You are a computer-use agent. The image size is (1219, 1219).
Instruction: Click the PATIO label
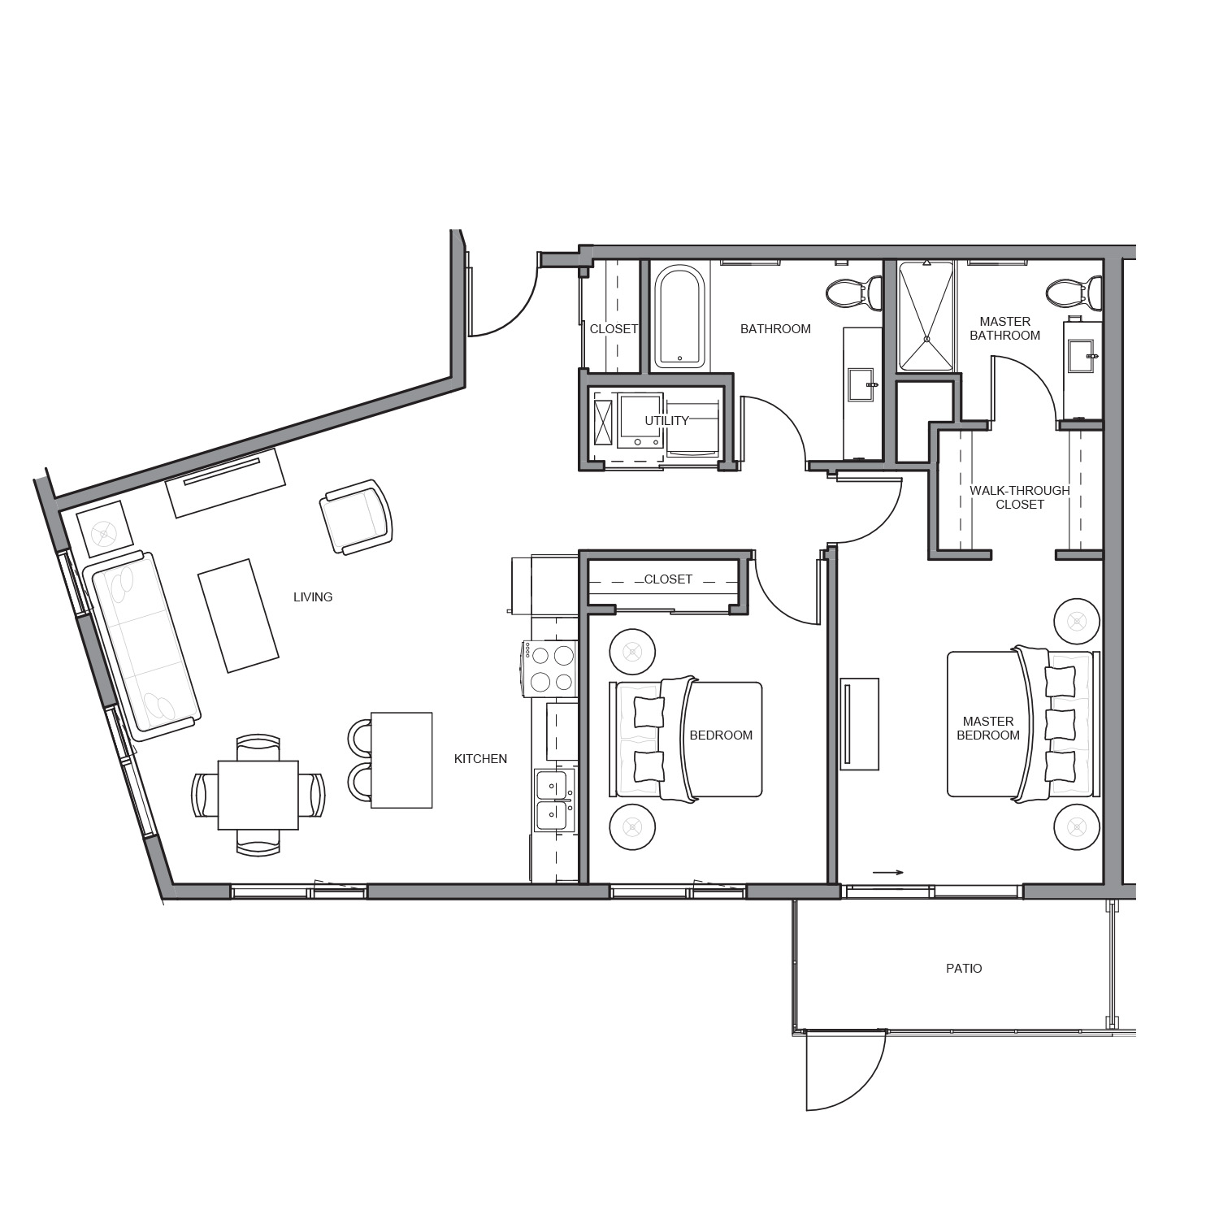click(x=964, y=969)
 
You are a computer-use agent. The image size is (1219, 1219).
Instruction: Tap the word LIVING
click(x=313, y=597)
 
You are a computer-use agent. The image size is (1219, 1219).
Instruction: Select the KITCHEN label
click(x=480, y=759)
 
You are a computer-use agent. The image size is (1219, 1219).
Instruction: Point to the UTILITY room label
click(x=666, y=421)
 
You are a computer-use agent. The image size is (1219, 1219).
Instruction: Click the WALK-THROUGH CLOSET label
click(x=1020, y=497)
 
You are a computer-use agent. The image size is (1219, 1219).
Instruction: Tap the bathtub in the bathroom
click(x=679, y=317)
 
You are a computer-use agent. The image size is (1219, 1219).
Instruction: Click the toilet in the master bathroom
click(x=1074, y=293)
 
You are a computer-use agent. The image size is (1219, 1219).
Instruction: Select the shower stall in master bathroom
click(x=926, y=316)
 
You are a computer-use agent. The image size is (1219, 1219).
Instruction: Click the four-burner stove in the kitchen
click(x=550, y=668)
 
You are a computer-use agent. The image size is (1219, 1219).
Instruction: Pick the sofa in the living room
click(x=142, y=645)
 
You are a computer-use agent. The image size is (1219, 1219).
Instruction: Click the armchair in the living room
click(x=356, y=517)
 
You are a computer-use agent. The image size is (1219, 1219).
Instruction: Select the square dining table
click(x=258, y=795)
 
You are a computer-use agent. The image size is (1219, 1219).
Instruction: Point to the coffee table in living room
click(x=239, y=615)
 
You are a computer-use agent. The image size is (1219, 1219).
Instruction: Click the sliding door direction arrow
click(x=888, y=873)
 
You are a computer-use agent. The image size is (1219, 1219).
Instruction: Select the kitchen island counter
click(x=401, y=760)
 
